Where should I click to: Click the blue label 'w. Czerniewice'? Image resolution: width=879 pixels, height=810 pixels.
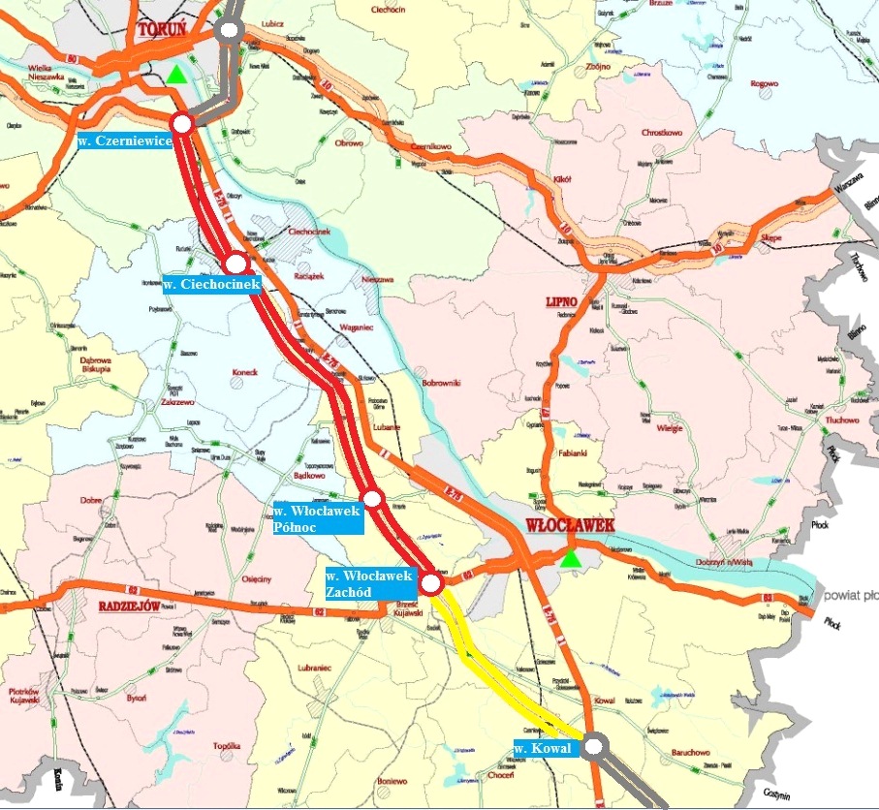coord(125,141)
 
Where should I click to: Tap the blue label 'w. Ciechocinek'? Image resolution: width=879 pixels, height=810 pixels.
coord(211,285)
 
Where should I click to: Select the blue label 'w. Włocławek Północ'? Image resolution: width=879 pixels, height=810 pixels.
coord(316,518)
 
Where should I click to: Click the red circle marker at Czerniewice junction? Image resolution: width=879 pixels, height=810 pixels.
coord(182,123)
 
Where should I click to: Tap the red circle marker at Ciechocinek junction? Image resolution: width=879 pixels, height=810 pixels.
coord(235,263)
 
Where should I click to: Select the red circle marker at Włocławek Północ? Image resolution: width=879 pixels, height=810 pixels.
coord(374,500)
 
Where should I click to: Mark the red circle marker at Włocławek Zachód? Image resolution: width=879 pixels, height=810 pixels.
coord(432,584)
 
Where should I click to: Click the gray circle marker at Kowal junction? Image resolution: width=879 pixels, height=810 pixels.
coord(595,745)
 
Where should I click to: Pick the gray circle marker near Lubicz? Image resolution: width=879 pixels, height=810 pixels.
coord(230,30)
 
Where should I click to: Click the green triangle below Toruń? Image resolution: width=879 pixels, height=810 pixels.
coord(174,75)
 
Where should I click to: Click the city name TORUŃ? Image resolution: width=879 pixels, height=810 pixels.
coord(161,30)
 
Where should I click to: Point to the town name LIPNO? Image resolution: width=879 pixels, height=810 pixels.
coord(561,302)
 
